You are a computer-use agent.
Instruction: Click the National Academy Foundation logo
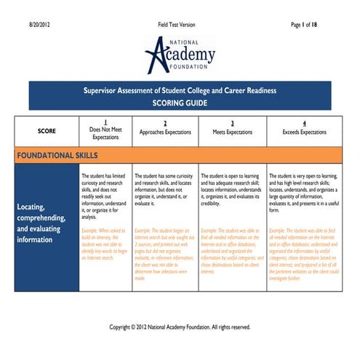(x=180, y=54)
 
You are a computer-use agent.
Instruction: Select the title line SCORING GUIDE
(x=180, y=104)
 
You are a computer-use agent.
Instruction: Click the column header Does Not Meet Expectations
(x=105, y=133)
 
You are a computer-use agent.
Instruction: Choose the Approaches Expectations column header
(x=165, y=133)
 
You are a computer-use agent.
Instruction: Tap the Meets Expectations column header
(x=232, y=133)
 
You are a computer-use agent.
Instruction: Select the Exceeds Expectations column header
(x=304, y=133)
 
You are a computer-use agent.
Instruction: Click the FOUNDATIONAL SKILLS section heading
(x=57, y=156)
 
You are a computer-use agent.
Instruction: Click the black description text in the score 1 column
(x=105, y=196)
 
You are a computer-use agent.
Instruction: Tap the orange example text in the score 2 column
(x=165, y=254)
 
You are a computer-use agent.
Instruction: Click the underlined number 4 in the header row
(x=304, y=123)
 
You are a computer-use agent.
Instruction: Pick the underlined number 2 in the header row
(x=165, y=123)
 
